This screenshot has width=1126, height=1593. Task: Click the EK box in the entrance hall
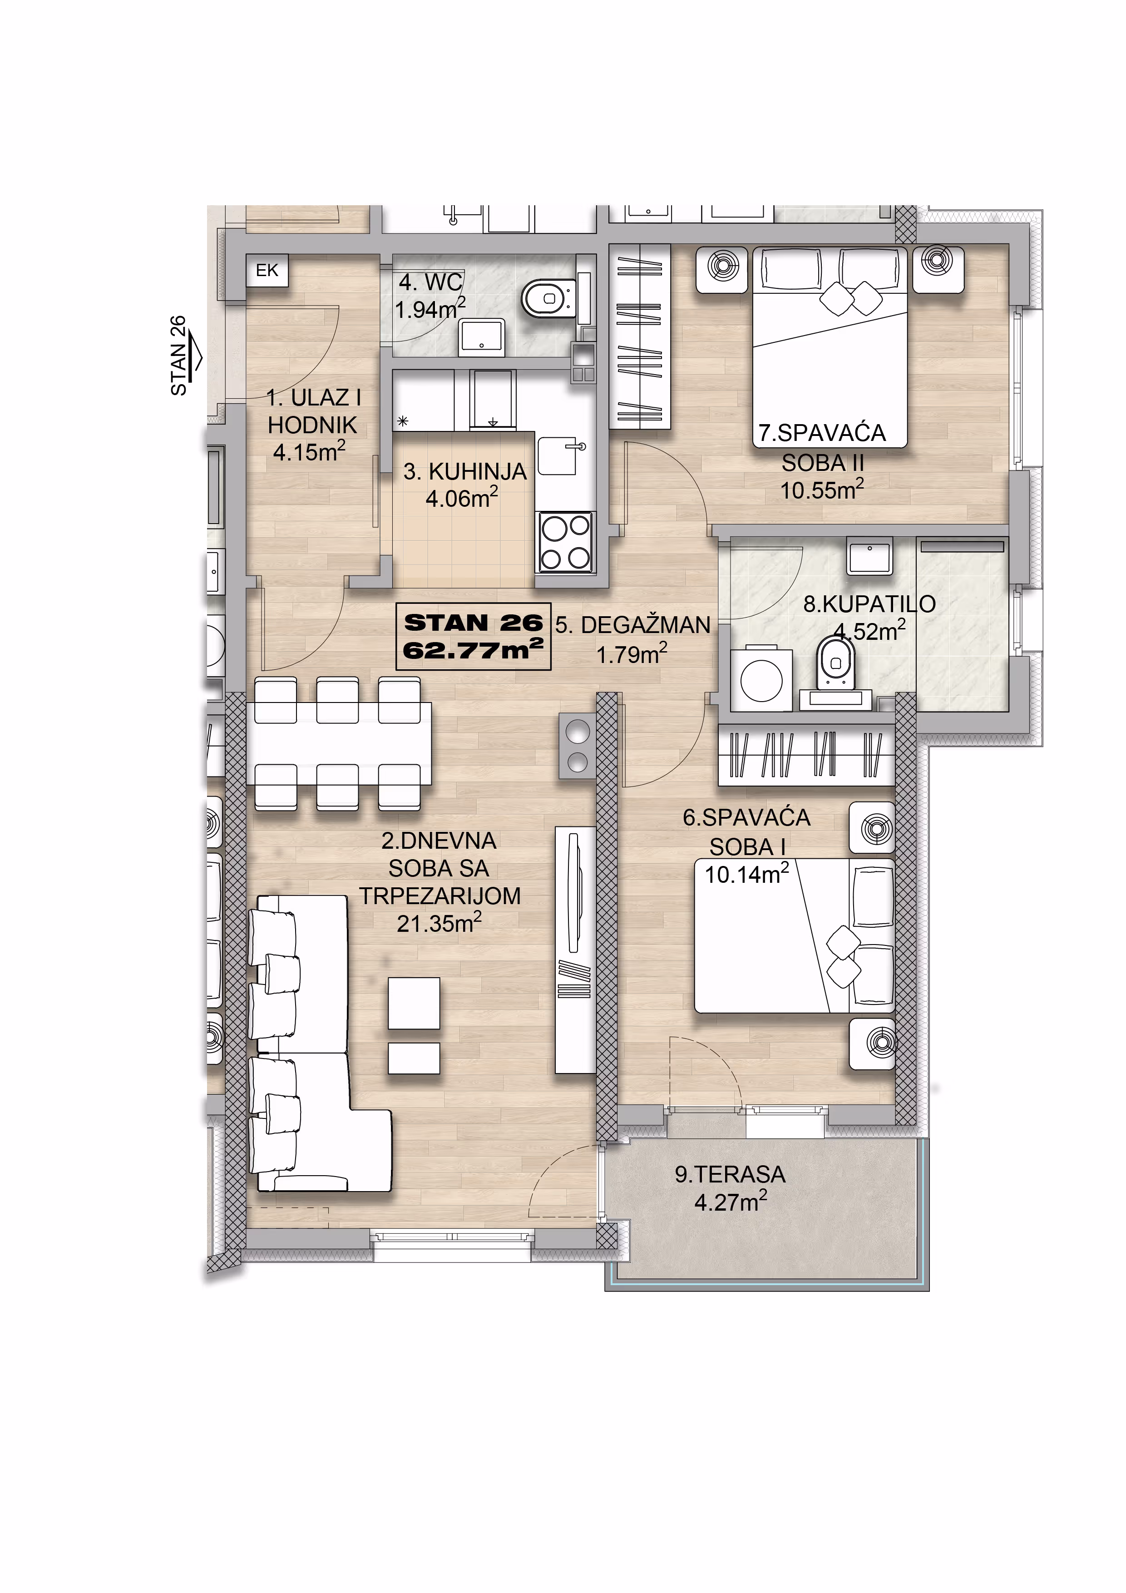[x=267, y=271]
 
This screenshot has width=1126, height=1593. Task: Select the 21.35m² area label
[x=439, y=924]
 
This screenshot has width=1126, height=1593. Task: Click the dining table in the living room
[x=339, y=744]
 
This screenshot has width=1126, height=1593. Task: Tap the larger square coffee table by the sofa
[x=414, y=1003]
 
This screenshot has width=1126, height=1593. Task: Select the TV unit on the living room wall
[x=575, y=950]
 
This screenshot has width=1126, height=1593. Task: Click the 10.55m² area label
[x=822, y=490]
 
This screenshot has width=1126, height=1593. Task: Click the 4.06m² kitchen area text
[x=461, y=497]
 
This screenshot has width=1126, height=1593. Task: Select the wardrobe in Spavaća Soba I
[x=806, y=755]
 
